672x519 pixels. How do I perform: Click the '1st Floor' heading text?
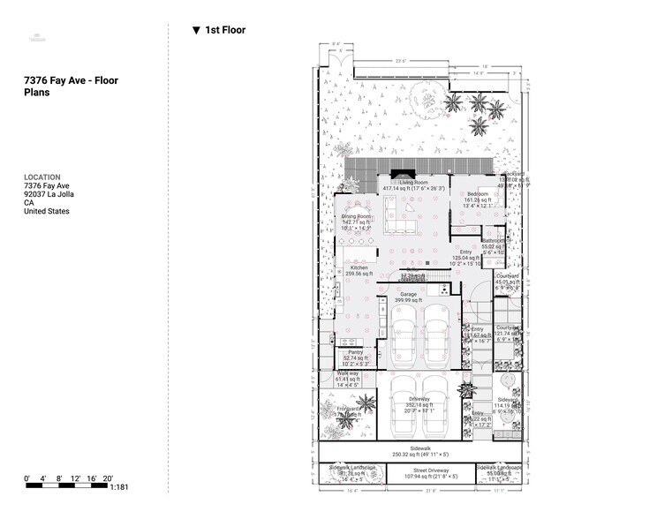224,30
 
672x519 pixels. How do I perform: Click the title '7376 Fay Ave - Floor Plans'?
71,86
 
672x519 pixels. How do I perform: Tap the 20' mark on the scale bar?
108,478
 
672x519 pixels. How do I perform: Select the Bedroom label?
478,193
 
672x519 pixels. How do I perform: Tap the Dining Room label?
357,217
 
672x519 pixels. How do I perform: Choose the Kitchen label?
359,267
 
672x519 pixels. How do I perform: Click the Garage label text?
408,295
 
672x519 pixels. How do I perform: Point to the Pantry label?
356,352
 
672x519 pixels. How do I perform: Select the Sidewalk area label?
420,448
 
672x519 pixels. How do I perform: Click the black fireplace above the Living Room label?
402,173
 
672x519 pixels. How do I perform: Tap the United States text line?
47,211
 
